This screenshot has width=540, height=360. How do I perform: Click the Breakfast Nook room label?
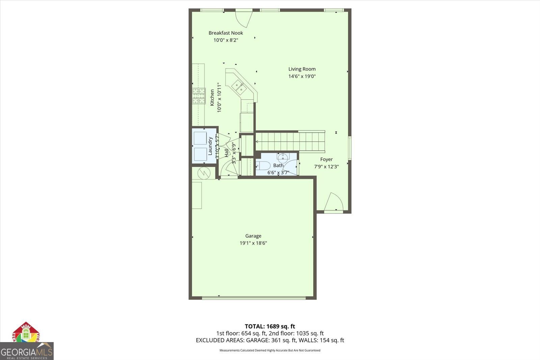point(225,33)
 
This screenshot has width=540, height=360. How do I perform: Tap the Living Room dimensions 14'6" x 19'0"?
point(302,76)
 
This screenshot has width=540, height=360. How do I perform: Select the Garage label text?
point(253,236)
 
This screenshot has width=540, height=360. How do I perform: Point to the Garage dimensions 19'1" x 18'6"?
point(253,243)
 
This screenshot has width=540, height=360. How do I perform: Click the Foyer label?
point(326,159)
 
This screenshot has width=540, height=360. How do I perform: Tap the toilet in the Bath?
point(263,165)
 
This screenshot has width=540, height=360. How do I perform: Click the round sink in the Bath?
point(282,157)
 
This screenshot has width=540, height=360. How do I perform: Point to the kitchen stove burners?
point(199,96)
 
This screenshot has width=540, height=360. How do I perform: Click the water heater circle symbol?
point(204,173)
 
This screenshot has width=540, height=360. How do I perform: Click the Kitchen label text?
point(212,98)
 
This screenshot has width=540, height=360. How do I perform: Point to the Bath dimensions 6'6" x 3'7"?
point(278,173)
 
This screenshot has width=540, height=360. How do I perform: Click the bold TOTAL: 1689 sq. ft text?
point(270,326)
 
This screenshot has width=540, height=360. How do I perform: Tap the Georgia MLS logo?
point(26,351)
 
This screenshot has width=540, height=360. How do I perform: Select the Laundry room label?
point(210,146)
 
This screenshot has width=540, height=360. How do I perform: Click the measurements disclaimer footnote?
point(270,350)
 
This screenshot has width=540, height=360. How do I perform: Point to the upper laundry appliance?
point(200,138)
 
